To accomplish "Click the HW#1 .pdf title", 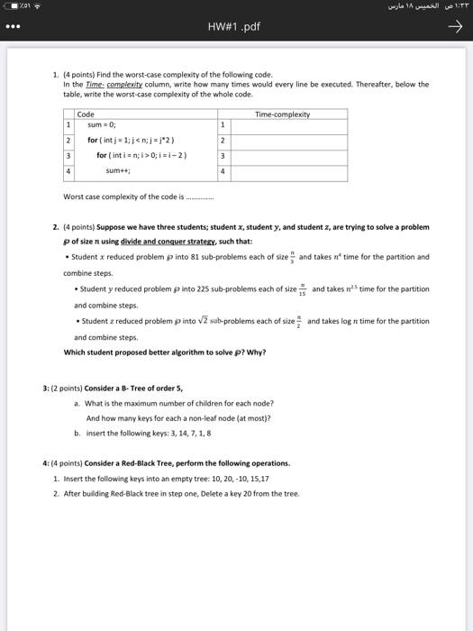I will [x=237, y=26].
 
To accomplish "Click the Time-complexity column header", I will [x=282, y=114].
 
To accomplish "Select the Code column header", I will [x=86, y=114].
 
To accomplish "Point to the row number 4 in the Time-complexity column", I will [x=223, y=169].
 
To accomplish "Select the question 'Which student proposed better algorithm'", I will [x=165, y=352].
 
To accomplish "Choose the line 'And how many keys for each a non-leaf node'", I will [x=178, y=418].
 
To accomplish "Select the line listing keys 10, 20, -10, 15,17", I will [x=163, y=479].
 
